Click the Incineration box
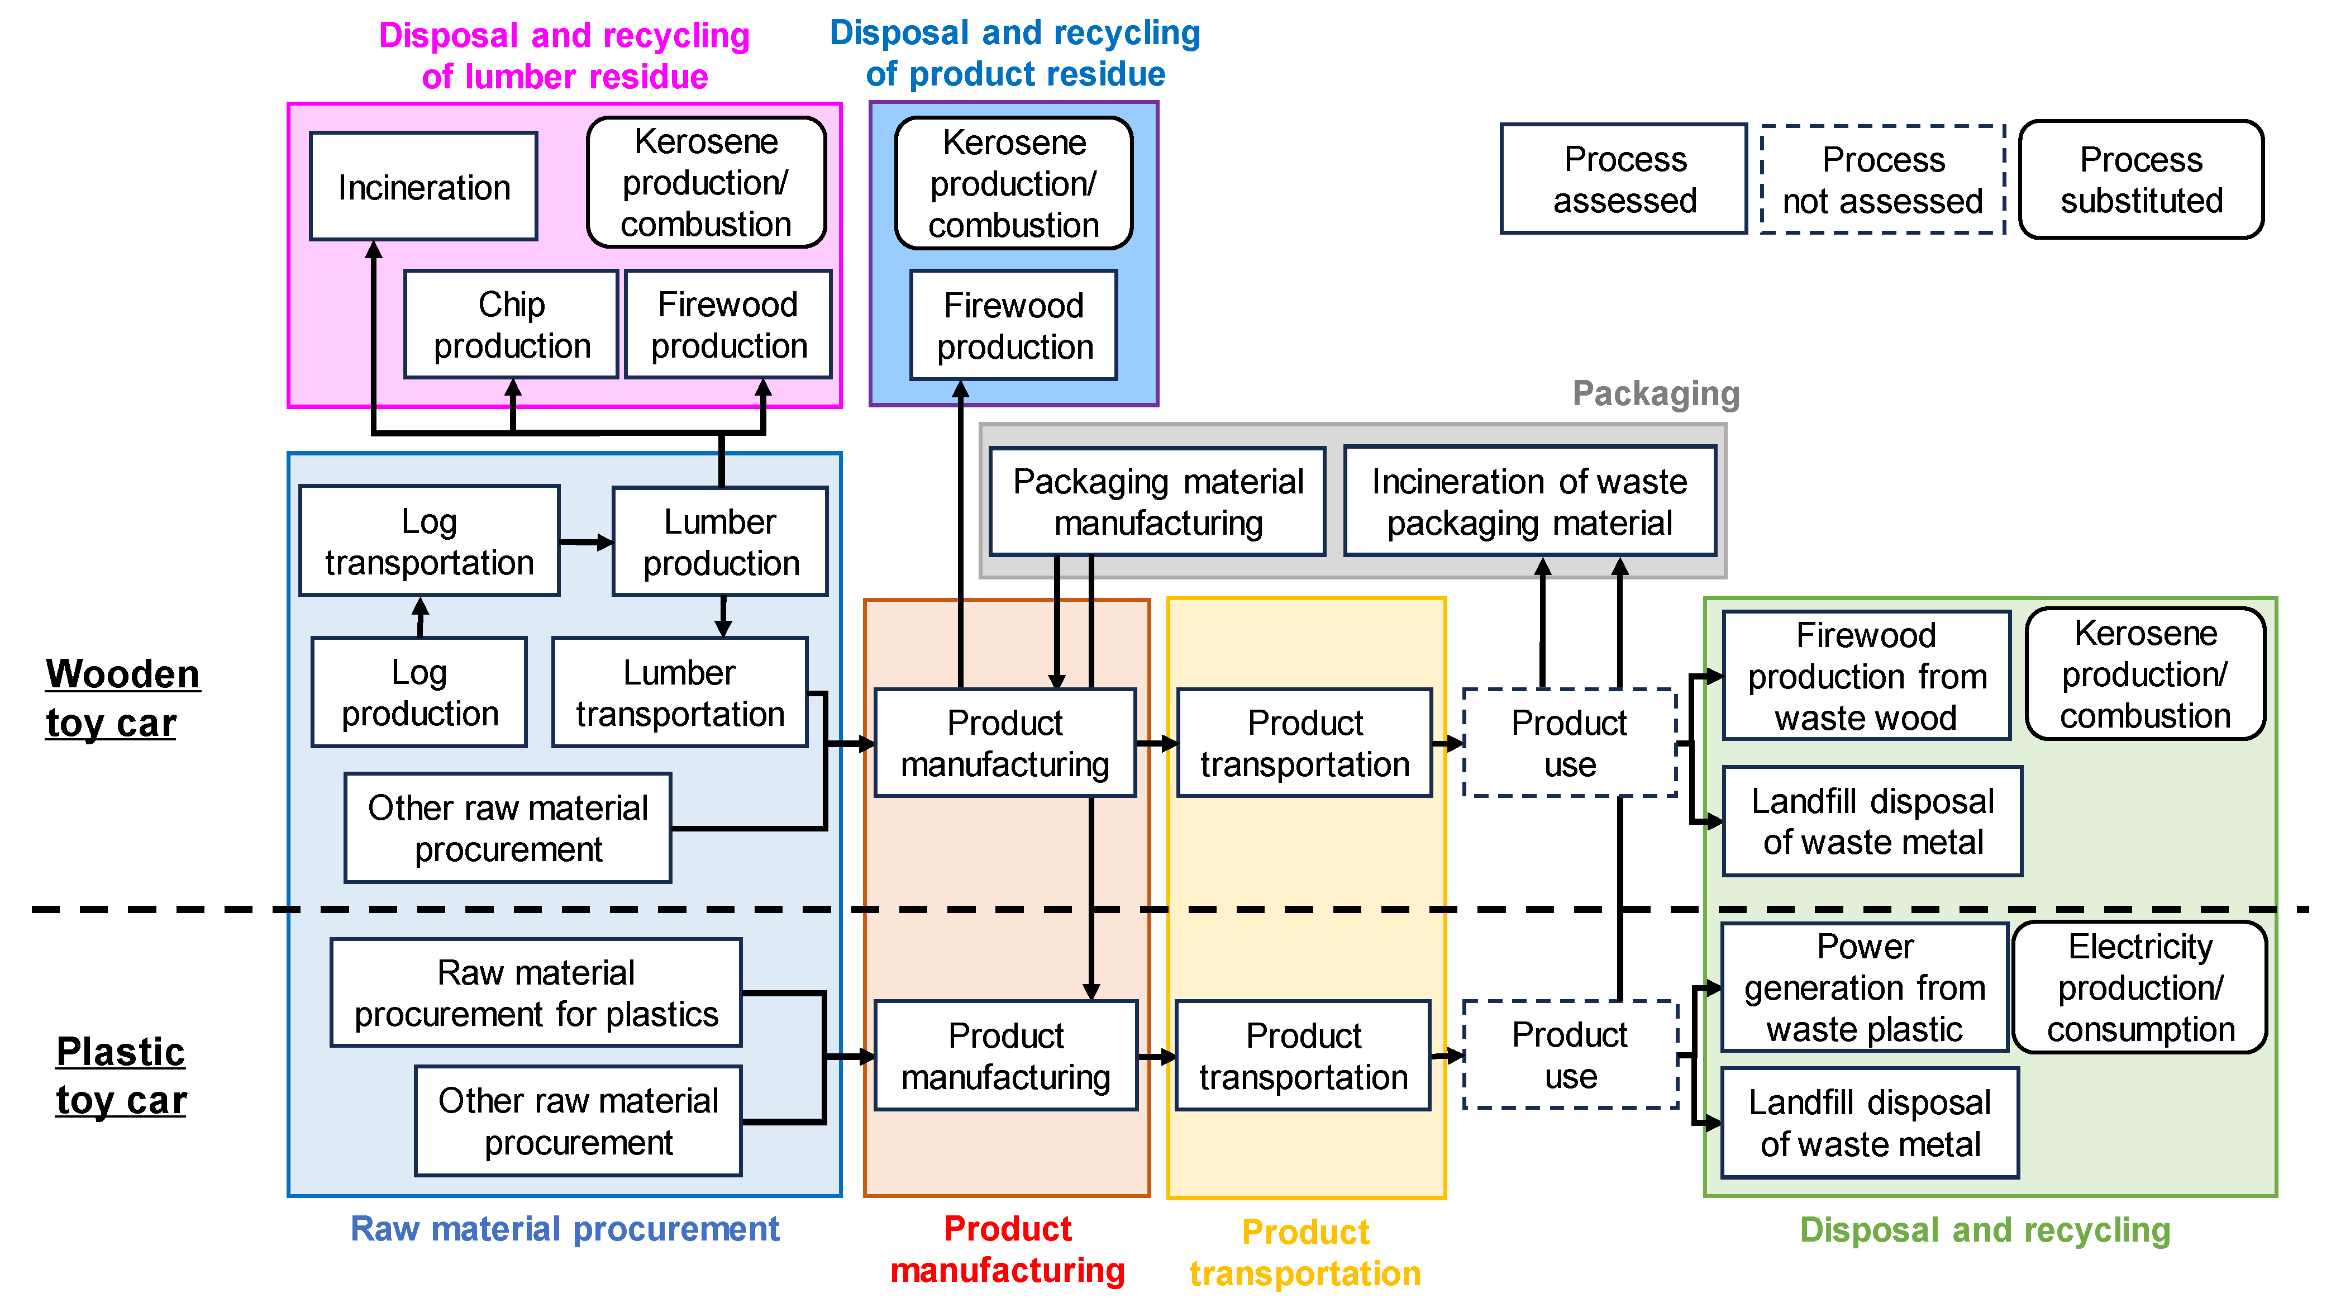tap(423, 187)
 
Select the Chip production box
tap(512, 325)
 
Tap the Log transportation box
tap(429, 541)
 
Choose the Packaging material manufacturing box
tap(1157, 502)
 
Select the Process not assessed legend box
tap(1882, 179)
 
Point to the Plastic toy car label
tap(121, 1076)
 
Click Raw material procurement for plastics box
tap(536, 993)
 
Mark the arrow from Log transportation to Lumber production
tap(586, 543)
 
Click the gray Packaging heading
tap(1655, 393)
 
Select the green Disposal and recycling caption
tap(1984, 1230)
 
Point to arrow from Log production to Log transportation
tap(420, 617)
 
